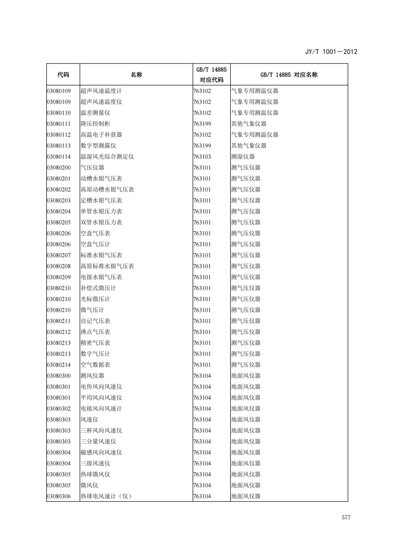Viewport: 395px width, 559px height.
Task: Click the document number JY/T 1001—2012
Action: click(x=331, y=52)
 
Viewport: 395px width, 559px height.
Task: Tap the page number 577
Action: click(x=346, y=517)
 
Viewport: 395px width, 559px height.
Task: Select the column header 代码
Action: click(x=63, y=75)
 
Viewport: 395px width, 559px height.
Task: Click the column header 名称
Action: click(x=136, y=75)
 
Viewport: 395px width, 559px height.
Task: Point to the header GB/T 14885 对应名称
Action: click(x=289, y=75)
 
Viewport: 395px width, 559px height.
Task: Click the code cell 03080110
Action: click(x=59, y=113)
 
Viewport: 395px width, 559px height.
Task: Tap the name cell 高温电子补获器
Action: click(x=101, y=135)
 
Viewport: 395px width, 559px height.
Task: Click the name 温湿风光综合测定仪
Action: click(x=107, y=157)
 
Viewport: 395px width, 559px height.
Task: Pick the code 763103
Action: click(x=202, y=157)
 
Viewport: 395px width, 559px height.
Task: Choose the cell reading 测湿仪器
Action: click(x=243, y=157)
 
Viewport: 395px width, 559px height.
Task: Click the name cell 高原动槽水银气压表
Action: click(x=107, y=189)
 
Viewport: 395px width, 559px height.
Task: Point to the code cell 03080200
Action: click(x=59, y=168)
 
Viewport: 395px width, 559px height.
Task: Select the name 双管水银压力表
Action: click(x=101, y=222)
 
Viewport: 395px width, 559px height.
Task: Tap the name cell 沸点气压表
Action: click(x=95, y=332)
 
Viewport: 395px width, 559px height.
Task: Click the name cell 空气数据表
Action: click(x=95, y=365)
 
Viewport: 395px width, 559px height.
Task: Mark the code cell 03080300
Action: click(x=59, y=376)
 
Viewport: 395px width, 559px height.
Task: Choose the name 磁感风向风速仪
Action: click(x=101, y=452)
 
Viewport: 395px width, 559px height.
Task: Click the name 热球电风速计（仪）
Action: click(x=106, y=496)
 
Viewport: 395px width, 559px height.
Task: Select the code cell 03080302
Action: click(x=59, y=409)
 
